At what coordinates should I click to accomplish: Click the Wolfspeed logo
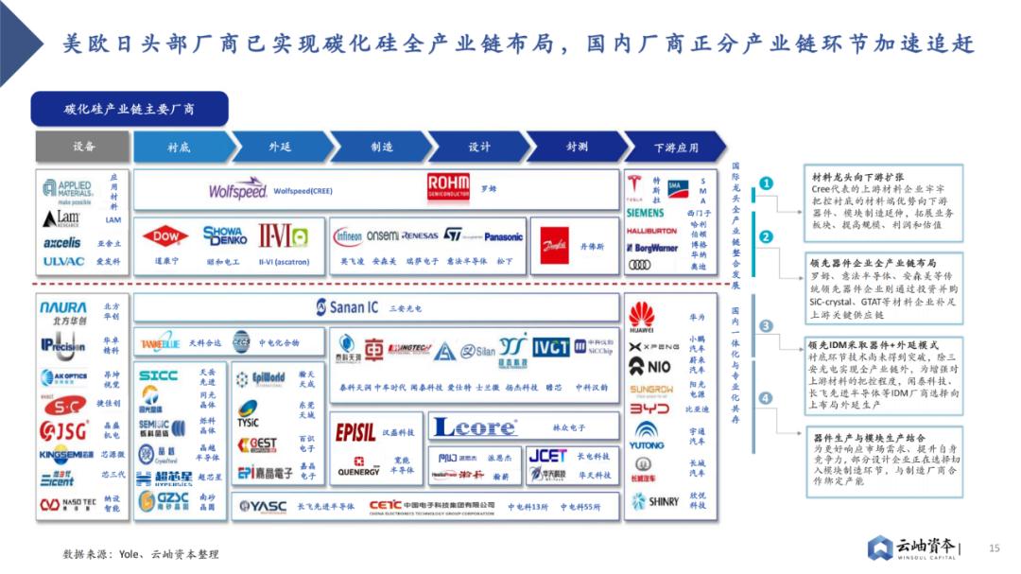[x=238, y=189]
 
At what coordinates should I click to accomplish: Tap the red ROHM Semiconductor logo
[x=448, y=186]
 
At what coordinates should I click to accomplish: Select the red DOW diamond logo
[x=165, y=236]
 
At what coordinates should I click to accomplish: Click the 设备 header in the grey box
[x=83, y=147]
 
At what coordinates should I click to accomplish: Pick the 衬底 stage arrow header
[x=180, y=147]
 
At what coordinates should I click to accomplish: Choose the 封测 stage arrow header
[x=577, y=147]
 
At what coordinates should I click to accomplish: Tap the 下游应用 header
[x=676, y=148]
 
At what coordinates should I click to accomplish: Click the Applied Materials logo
[x=67, y=189]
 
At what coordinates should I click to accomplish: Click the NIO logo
[x=650, y=366]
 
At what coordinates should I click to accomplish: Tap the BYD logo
[x=649, y=409]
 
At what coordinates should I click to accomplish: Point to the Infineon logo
[x=348, y=235]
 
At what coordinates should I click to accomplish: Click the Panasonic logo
[x=503, y=236]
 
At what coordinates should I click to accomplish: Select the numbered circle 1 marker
[x=767, y=183]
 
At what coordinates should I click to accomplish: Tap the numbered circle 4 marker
[x=767, y=398]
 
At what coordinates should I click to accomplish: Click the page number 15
[x=994, y=548]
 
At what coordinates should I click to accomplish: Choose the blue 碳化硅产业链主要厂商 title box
[x=130, y=109]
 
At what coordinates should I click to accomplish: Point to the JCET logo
[x=547, y=455]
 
